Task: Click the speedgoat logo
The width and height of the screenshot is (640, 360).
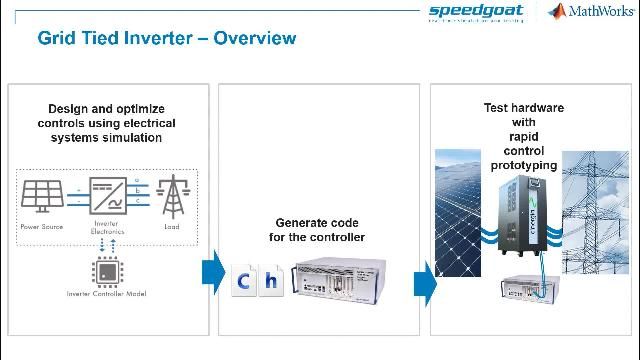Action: tap(476, 12)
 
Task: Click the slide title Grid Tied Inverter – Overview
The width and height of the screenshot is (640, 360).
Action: tap(166, 39)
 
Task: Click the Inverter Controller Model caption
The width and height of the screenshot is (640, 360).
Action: tap(107, 294)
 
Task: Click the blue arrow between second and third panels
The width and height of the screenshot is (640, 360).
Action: tap(424, 281)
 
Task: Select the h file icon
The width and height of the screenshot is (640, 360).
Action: tap(271, 281)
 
